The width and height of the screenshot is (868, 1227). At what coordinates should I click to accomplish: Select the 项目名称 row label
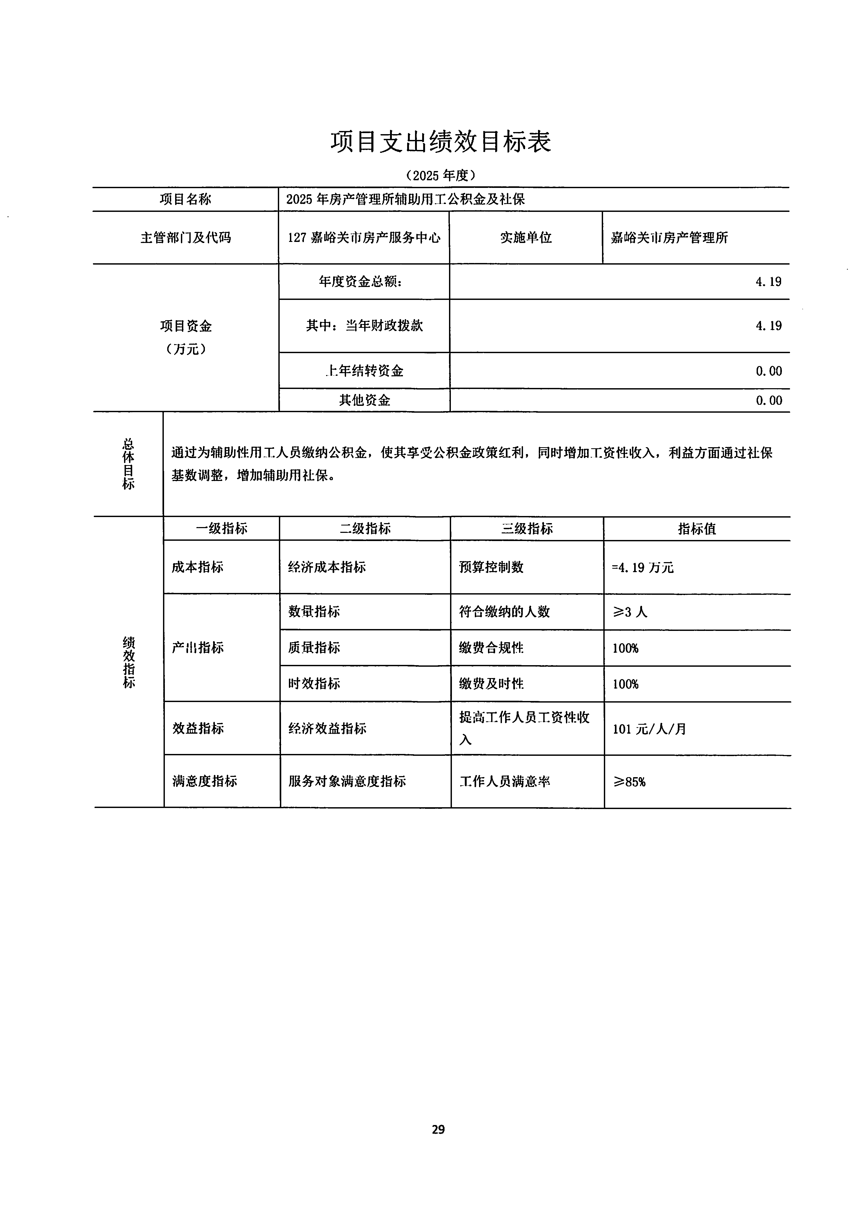[x=185, y=199]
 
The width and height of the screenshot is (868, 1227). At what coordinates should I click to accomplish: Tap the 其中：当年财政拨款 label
[x=364, y=326]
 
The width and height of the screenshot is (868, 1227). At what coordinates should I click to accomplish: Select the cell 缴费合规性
[x=491, y=648]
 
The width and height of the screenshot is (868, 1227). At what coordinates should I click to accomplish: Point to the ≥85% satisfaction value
[x=629, y=782]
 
